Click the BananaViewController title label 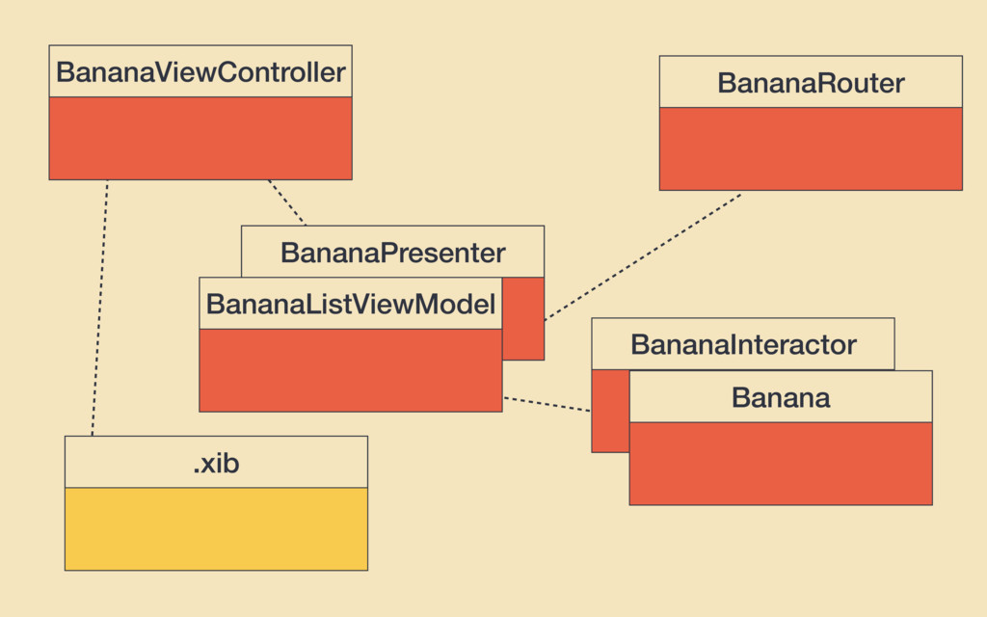tap(200, 72)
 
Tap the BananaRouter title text tap(811, 83)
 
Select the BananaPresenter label tap(393, 254)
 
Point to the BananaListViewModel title tap(351, 304)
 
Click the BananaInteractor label tap(743, 344)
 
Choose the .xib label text tap(216, 464)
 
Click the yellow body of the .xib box tap(216, 529)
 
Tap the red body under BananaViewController tap(200, 139)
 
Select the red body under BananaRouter tap(811, 148)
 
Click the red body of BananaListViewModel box tap(351, 370)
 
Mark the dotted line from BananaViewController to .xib tap(99, 308)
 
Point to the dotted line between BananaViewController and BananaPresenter tap(287, 202)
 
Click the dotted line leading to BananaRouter tap(643, 256)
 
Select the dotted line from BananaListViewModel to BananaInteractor tap(547, 404)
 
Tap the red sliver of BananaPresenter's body tap(523, 318)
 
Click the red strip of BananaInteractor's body tap(610, 411)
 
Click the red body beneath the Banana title tap(781, 464)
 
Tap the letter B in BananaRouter tap(727, 83)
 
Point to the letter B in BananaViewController tap(65, 72)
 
